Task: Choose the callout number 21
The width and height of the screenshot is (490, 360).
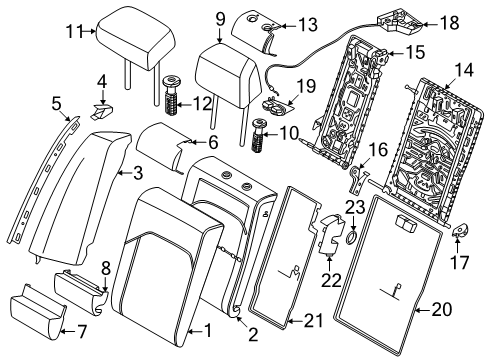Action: (313, 321)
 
